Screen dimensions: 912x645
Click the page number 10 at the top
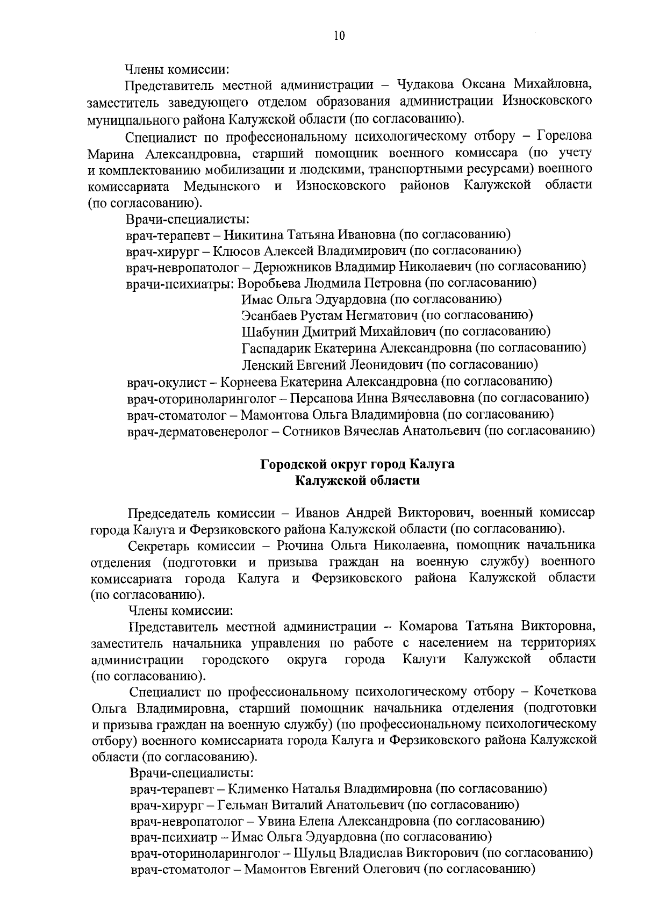pyautogui.click(x=339, y=36)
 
